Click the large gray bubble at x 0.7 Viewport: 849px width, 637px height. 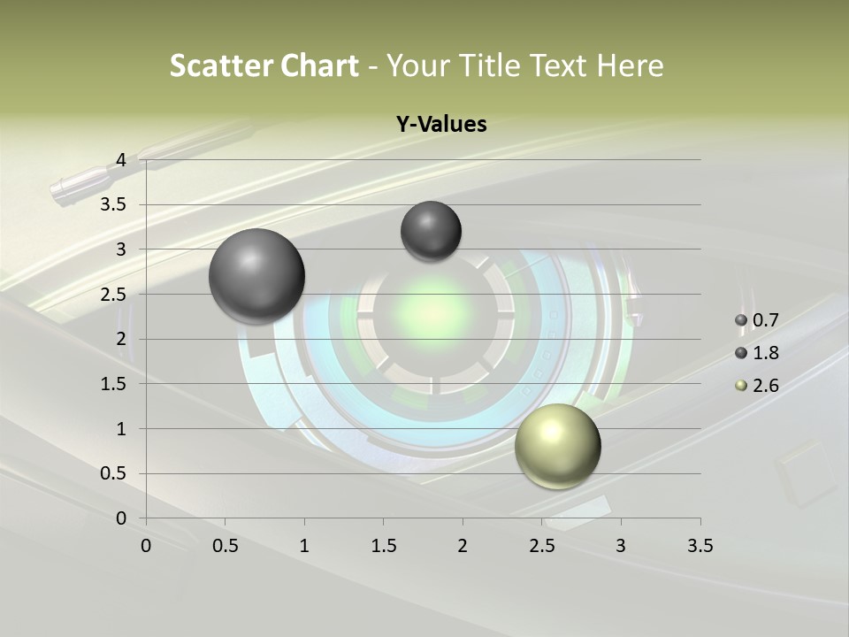point(257,276)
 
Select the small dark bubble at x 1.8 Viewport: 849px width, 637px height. point(431,231)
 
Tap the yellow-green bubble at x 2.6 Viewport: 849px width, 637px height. point(557,446)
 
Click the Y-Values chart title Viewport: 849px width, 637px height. point(441,125)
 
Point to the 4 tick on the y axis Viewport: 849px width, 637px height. point(122,160)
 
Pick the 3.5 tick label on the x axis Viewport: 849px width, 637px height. point(700,545)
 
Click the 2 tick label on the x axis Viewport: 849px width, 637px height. point(463,545)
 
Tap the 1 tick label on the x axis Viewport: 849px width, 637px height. point(305,545)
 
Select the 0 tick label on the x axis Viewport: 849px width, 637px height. point(147,545)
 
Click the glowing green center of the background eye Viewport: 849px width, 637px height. point(433,311)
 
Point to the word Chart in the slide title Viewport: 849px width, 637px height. point(319,65)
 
